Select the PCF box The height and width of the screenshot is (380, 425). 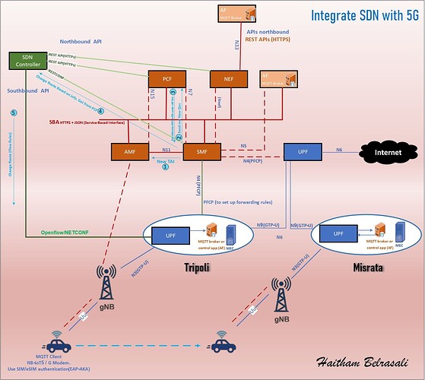pyautogui.click(x=167, y=78)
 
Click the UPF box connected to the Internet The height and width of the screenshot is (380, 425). pyautogui.click(x=303, y=152)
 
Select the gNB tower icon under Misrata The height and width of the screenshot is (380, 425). pyautogui.click(x=283, y=296)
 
